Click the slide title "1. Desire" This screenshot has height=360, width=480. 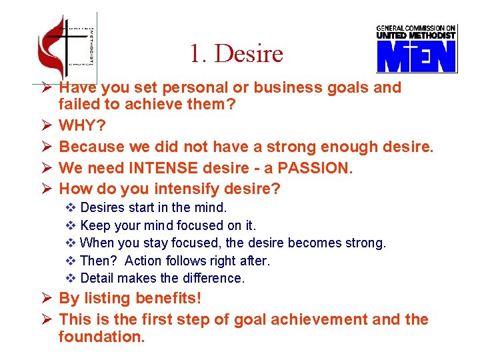(236, 53)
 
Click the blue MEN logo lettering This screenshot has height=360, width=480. (416, 57)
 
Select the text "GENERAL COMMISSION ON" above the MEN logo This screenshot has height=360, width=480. (416, 29)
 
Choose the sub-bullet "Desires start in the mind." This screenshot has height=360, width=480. (153, 208)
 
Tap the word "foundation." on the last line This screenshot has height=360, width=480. (101, 337)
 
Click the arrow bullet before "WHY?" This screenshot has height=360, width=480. (44, 125)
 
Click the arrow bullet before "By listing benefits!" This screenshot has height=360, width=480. (44, 298)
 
